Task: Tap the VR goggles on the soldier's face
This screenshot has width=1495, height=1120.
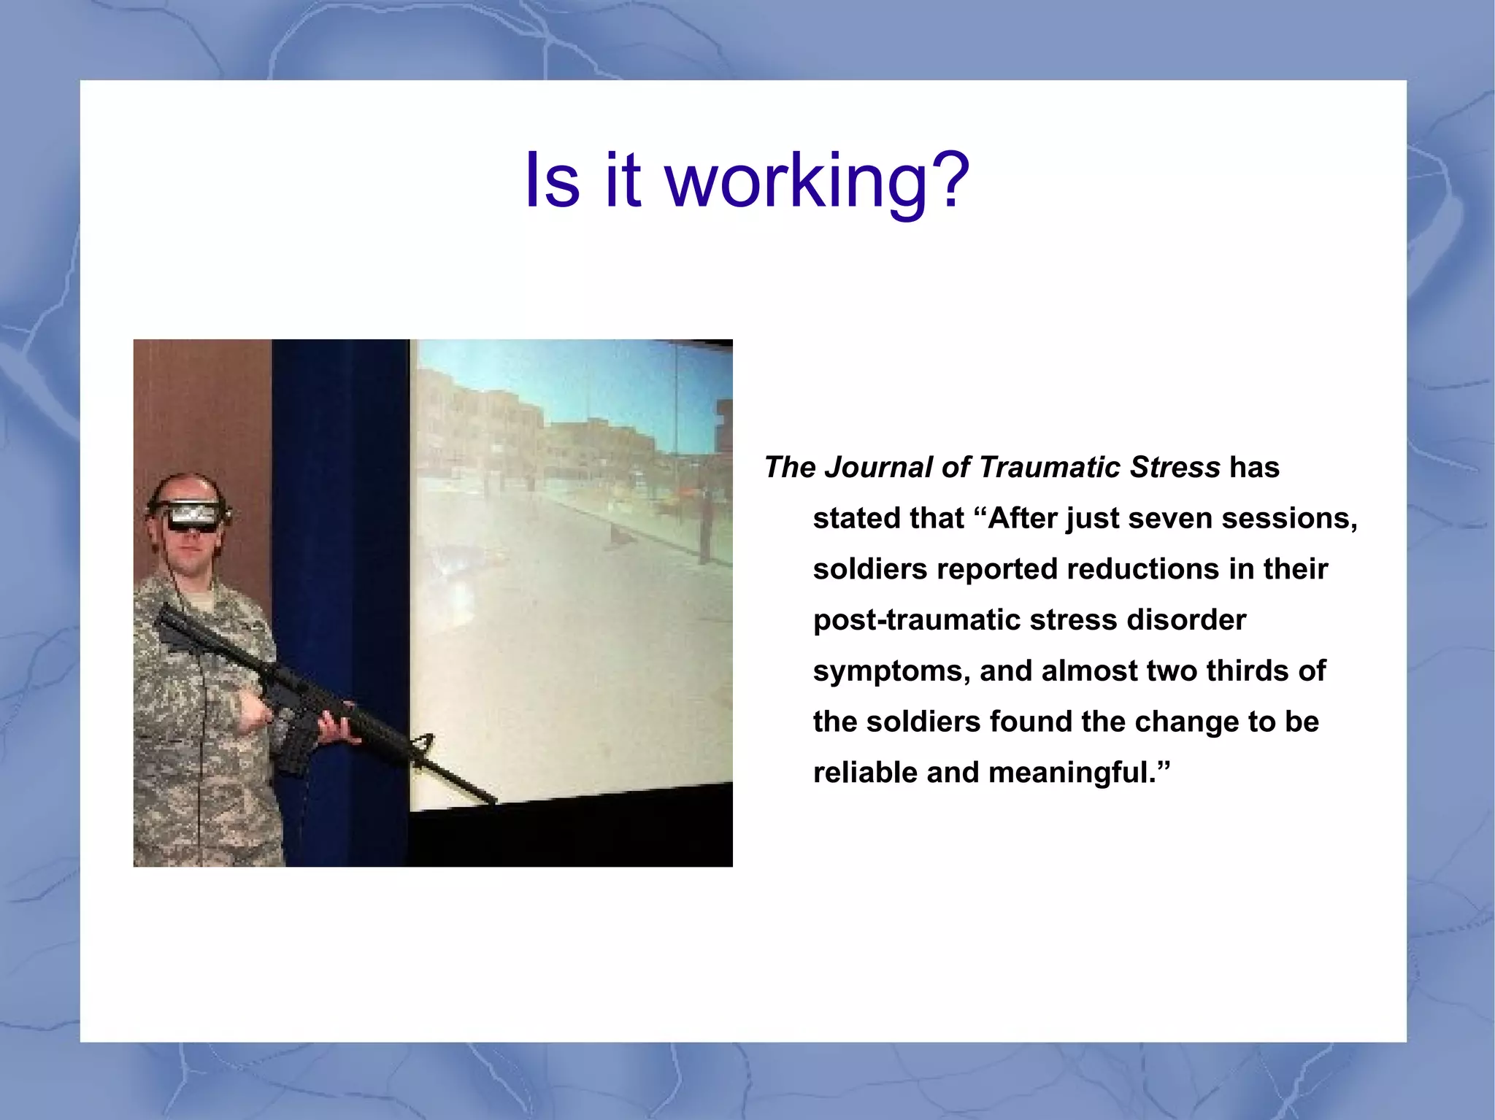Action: (192, 517)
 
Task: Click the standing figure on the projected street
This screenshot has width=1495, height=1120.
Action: (704, 525)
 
